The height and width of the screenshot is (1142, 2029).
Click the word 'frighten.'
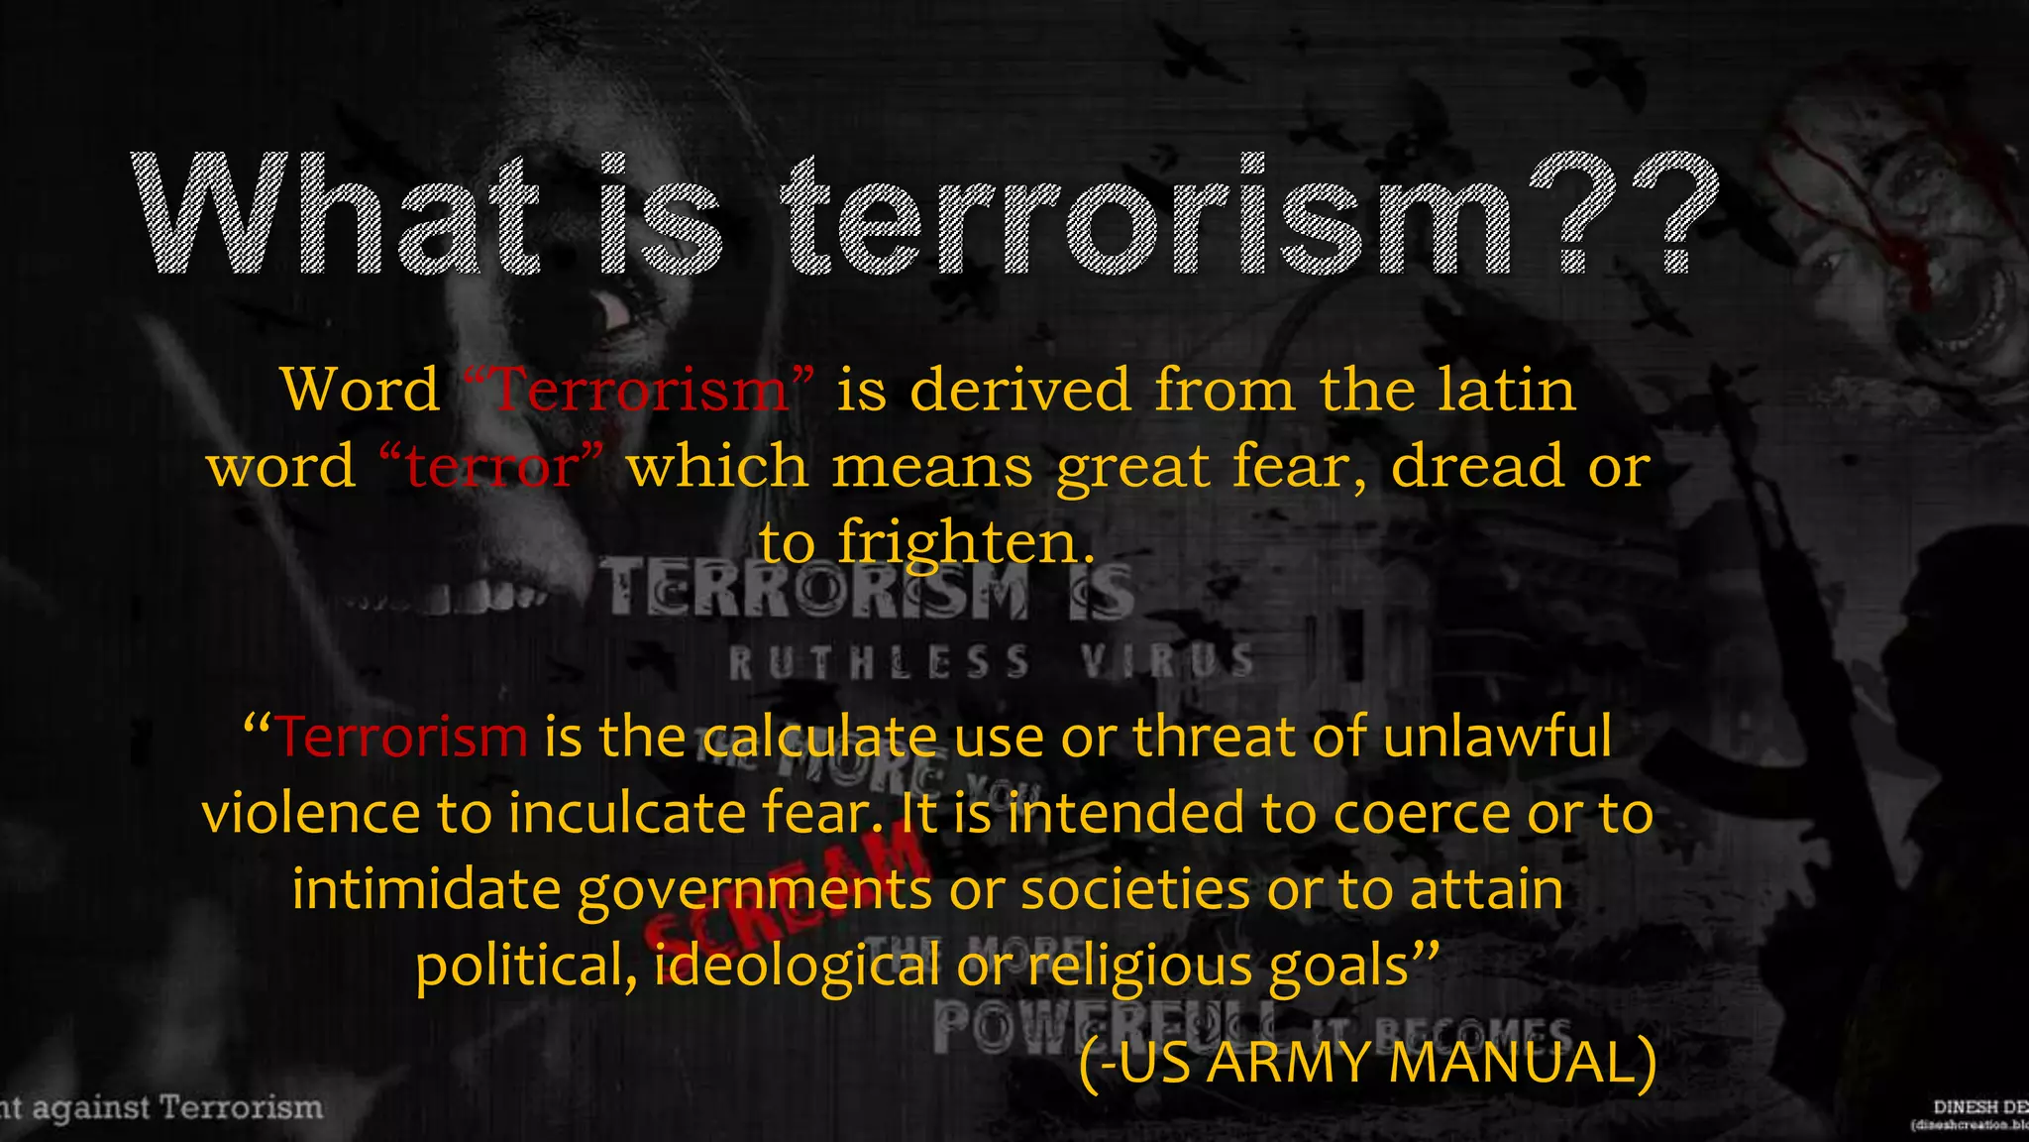tap(966, 543)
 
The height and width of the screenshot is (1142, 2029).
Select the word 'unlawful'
tap(1497, 738)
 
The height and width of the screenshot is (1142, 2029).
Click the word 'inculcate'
tap(627, 814)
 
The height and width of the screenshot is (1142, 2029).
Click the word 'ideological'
tap(797, 966)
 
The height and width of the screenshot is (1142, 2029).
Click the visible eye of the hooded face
tap(611, 309)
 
